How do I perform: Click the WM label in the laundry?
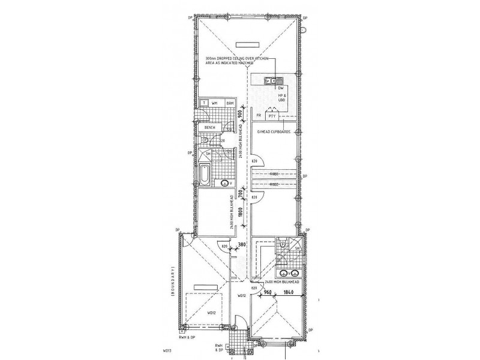tap(214, 103)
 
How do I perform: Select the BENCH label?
tap(209, 127)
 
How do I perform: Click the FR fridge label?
tap(259, 115)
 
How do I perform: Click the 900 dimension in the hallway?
tap(240, 115)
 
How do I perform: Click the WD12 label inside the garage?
tap(211, 313)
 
